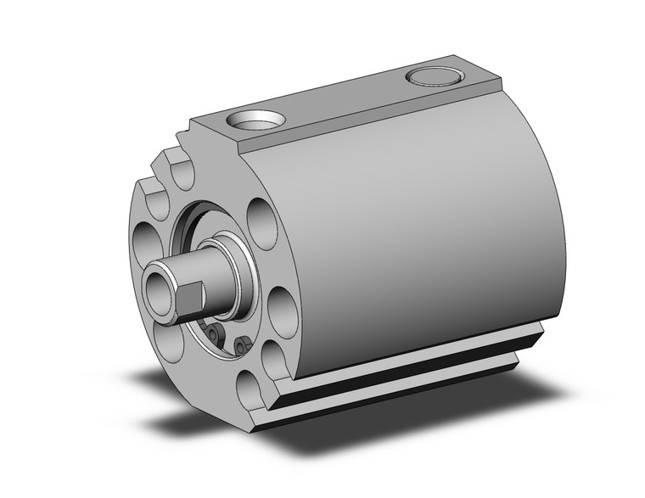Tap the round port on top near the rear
[x=435, y=78]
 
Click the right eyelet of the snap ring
[x=242, y=344]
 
